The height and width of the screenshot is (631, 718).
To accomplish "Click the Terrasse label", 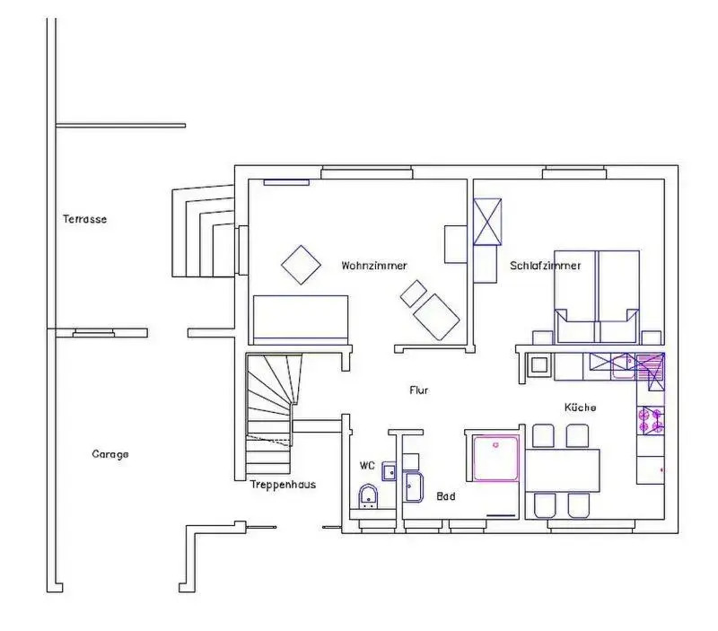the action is [x=84, y=219].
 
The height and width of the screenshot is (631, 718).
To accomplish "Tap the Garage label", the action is [x=110, y=454].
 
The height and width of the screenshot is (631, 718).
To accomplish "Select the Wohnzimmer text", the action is [x=374, y=266].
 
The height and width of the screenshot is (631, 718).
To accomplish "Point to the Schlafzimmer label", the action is [x=546, y=266].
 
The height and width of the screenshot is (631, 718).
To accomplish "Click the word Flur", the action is [x=419, y=390].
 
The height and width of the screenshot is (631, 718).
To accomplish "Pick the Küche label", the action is [x=580, y=408].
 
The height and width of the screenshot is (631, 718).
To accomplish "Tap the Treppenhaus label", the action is [x=283, y=485].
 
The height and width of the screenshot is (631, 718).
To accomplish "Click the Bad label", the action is [x=446, y=496].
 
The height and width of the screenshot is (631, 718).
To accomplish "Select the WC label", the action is [x=367, y=466].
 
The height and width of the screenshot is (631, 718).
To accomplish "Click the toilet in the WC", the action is [x=368, y=497].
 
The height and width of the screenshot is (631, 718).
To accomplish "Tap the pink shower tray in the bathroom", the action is [x=496, y=459].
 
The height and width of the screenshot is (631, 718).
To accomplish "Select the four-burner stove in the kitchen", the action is [x=652, y=420].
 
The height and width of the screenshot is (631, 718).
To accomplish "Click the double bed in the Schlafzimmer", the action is [x=596, y=297].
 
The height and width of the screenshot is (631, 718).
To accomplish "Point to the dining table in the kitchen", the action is [x=563, y=470].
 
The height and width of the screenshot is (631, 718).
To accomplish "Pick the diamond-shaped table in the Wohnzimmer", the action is [x=301, y=265].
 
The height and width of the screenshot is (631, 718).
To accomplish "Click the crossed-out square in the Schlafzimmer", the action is [x=487, y=222].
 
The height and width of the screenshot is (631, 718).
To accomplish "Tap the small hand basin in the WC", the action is [x=390, y=471].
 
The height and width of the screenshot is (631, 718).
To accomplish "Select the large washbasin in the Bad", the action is [x=414, y=486].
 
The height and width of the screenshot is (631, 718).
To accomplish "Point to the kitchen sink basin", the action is [x=624, y=368].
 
